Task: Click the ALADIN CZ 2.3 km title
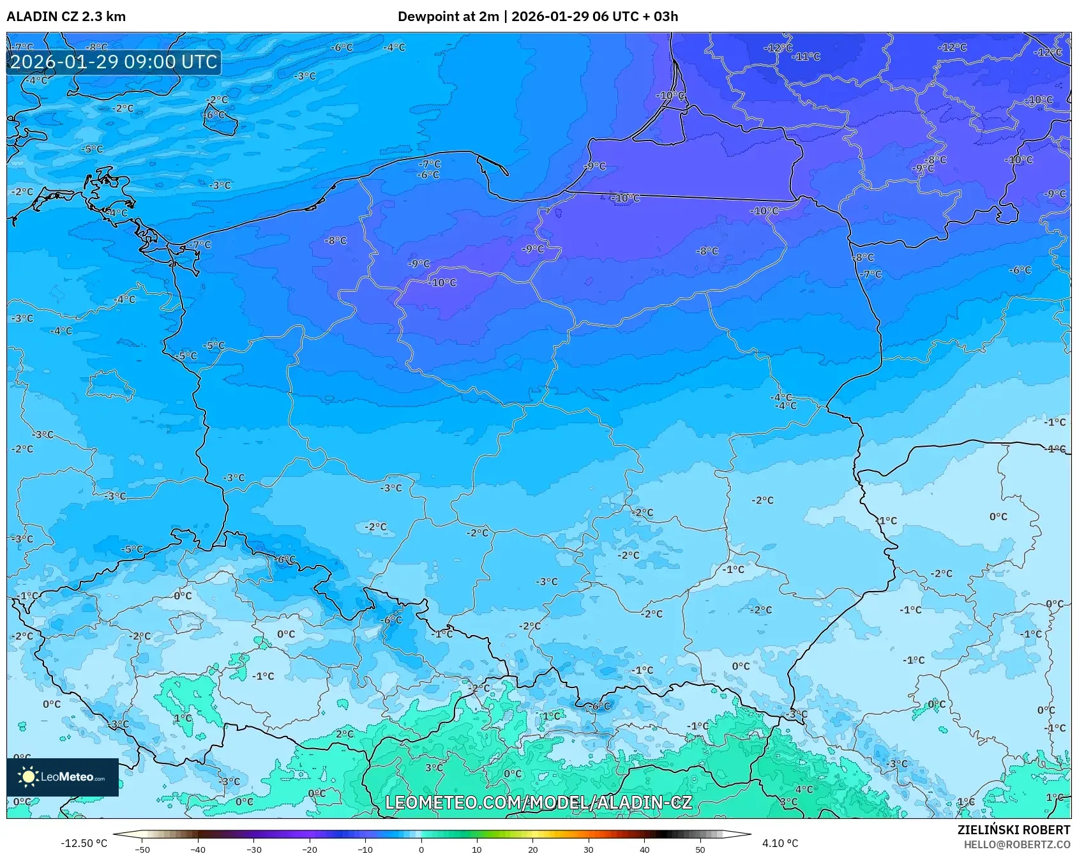66,17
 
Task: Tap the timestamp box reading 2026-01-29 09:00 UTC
114,62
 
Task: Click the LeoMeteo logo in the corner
63,777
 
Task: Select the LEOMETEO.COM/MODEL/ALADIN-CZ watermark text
538,802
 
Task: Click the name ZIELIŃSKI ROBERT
1013,830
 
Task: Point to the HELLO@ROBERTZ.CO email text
1016,844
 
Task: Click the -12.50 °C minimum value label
84,843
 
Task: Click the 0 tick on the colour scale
421,849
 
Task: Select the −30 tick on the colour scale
253,849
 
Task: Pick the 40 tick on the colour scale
644,849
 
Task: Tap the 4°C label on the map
803,790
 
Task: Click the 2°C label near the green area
344,734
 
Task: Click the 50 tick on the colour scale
700,849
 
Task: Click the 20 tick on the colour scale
532,849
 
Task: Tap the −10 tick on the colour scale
365,849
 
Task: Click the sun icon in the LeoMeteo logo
28,777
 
